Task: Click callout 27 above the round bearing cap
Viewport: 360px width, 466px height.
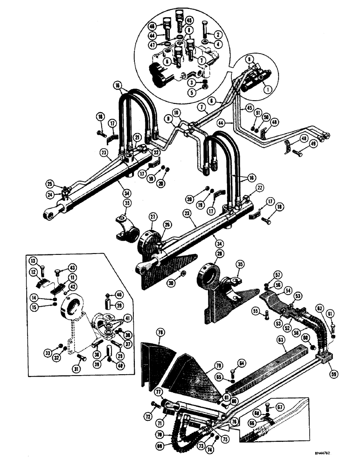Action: [x=152, y=216]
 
